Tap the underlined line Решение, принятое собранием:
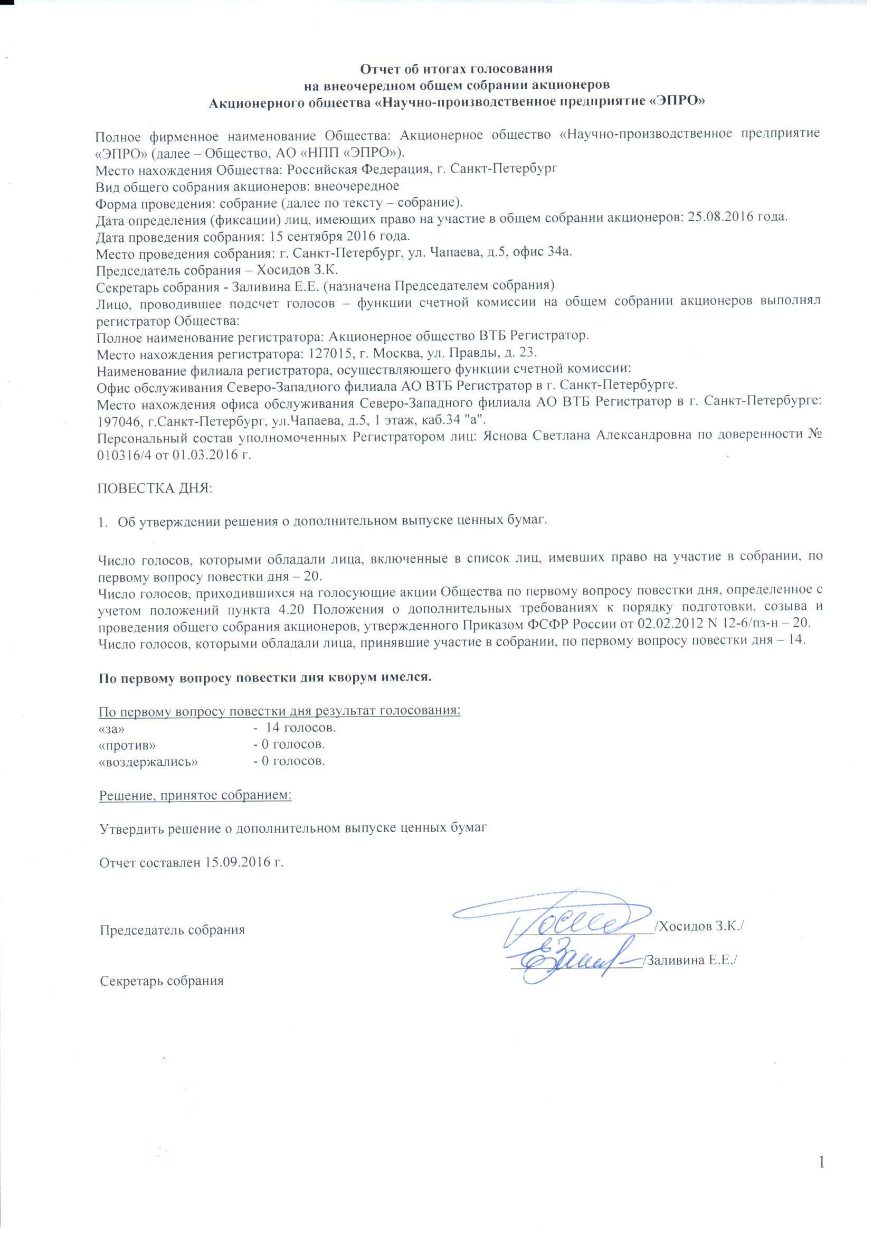[x=196, y=795]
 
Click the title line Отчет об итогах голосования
[x=456, y=69]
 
